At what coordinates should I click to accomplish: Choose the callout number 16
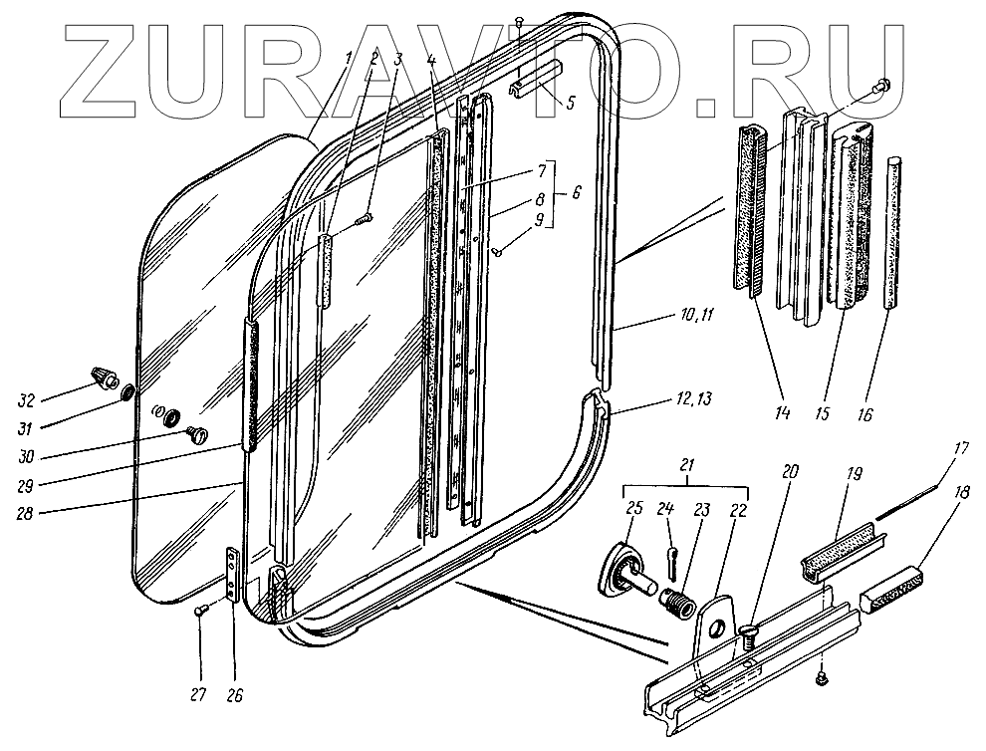(x=863, y=412)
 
